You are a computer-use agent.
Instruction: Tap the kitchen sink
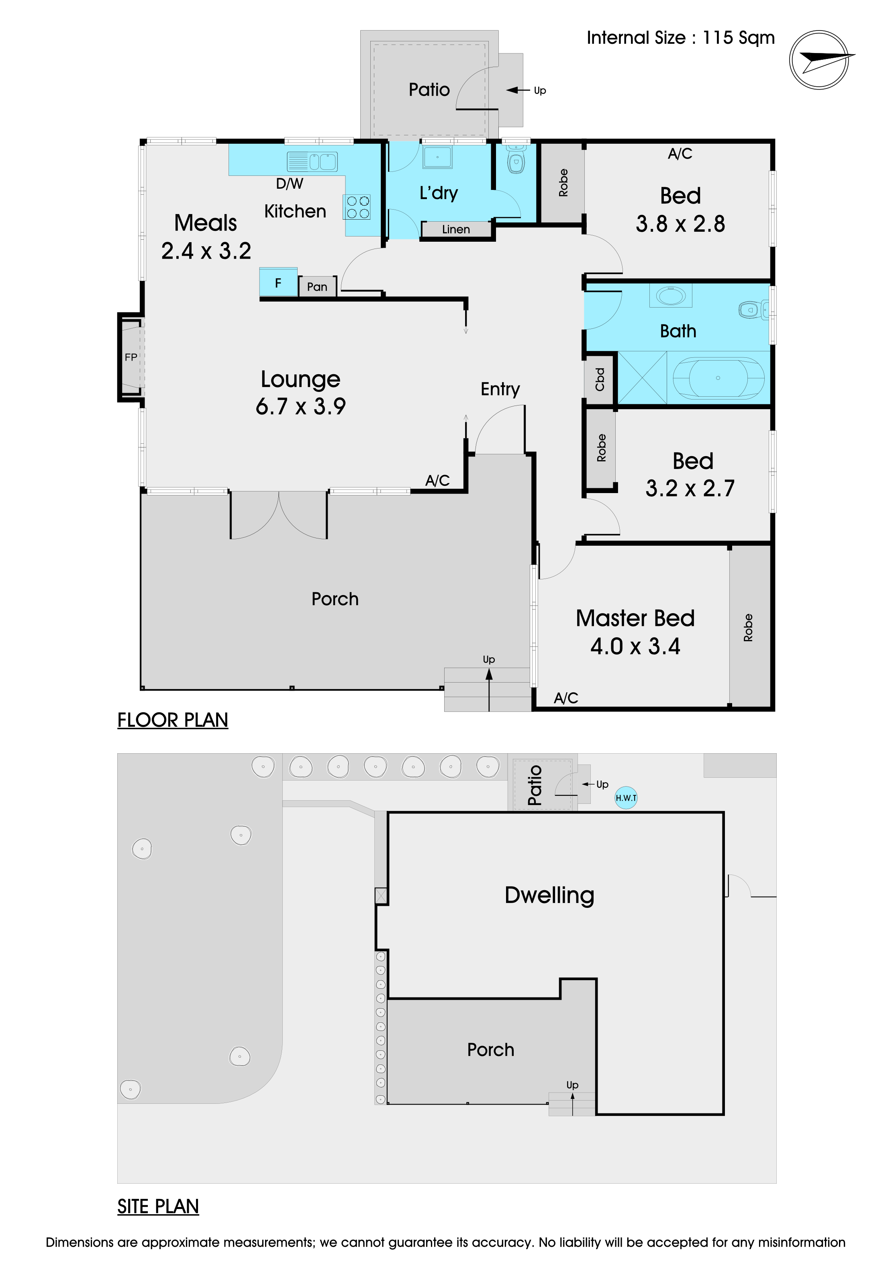312,161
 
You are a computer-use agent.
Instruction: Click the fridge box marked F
279,282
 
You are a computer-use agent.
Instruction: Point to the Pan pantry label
317,286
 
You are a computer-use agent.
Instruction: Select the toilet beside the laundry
516,158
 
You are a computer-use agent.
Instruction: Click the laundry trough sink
438,157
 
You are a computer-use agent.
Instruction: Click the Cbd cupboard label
600,379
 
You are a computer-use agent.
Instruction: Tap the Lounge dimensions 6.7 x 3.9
300,406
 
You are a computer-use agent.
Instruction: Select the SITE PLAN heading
158,1206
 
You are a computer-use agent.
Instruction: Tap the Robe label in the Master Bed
748,628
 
